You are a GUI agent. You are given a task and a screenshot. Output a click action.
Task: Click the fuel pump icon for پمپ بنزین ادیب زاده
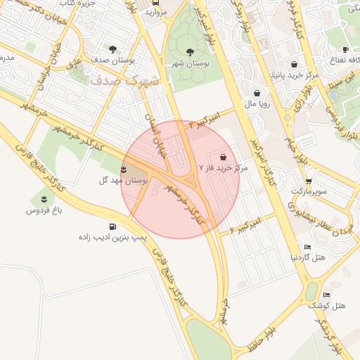tap(113, 226)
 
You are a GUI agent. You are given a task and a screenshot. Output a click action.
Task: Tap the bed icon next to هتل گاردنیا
tap(308, 247)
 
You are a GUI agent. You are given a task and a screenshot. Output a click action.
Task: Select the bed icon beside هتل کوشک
tap(326, 295)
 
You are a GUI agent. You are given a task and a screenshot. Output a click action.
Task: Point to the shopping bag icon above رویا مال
tap(257, 92)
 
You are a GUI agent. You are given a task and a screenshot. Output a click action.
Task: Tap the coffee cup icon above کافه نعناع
tap(345, 49)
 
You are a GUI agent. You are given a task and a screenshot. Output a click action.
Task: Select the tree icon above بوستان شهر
tap(190, 51)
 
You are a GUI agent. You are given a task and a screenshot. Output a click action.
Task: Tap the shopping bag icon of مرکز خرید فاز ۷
tap(223, 156)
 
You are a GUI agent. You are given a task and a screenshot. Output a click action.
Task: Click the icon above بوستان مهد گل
tap(124, 169)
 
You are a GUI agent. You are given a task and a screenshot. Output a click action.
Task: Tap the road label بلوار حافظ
tap(261, 337)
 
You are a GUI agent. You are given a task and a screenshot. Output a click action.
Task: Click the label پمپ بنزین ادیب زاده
tap(112, 238)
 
